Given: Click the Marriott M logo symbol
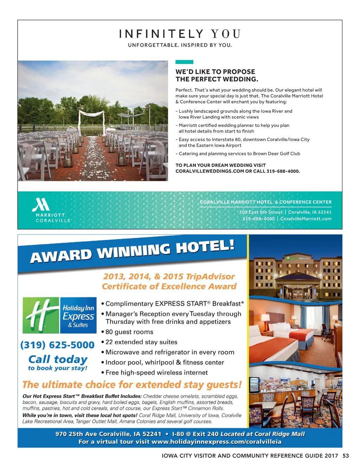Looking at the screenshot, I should tap(41, 204).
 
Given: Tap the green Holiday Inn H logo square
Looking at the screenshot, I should tap(41, 315).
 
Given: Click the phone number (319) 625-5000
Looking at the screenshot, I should tap(57, 345).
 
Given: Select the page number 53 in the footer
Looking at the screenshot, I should tap(346, 456).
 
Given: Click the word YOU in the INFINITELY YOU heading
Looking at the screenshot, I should tap(226, 34).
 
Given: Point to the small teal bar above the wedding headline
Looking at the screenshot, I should tap(184, 62).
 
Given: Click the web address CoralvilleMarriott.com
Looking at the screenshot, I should tap(306, 218).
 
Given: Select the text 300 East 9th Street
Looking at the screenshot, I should tap(261, 212).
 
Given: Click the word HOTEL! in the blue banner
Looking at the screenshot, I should tap(205, 246).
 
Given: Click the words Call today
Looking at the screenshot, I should tap(58, 359).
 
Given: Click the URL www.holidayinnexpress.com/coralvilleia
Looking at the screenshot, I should tap(217, 442).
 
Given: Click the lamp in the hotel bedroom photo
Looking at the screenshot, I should tap(265, 318).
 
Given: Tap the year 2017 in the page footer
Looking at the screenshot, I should tap(331, 456).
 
